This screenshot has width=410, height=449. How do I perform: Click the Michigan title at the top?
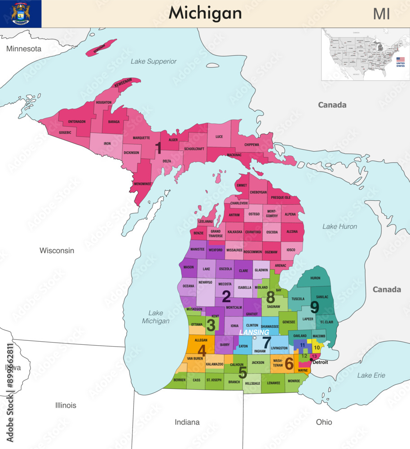pyautogui.click(x=205, y=13)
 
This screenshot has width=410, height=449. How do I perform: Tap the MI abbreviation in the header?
pyautogui.click(x=381, y=14)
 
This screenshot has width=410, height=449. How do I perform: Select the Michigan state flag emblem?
pyautogui.click(x=21, y=13)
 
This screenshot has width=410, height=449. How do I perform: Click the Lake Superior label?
pyautogui.click(x=154, y=61)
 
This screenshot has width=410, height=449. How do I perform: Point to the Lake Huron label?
pyautogui.click(x=339, y=226)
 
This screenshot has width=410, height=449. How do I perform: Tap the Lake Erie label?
pyautogui.click(x=371, y=375)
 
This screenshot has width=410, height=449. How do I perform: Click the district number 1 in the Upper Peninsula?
pyautogui.click(x=158, y=148)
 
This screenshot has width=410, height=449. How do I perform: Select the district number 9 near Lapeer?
pyautogui.click(x=314, y=307)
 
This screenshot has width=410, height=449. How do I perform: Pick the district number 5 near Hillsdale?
pyautogui.click(x=242, y=372)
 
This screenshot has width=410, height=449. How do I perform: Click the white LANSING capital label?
pyautogui.click(x=254, y=332)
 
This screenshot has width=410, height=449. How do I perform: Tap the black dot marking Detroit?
pyautogui.click(x=312, y=359)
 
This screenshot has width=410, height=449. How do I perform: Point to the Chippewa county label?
pyautogui.click(x=251, y=145)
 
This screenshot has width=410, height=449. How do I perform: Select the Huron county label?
pyautogui.click(x=315, y=278)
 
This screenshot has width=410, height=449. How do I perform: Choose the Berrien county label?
pyautogui.click(x=179, y=380)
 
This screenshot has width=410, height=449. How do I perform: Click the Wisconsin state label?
pyautogui.click(x=57, y=251)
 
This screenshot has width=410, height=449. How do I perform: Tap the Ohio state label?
pyautogui.click(x=324, y=422)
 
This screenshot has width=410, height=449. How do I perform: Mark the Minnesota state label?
pyautogui.click(x=23, y=48)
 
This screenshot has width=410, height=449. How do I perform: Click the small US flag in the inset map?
pyautogui.click(x=400, y=60)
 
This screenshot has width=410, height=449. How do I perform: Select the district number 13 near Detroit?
pyautogui.click(x=314, y=356)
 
